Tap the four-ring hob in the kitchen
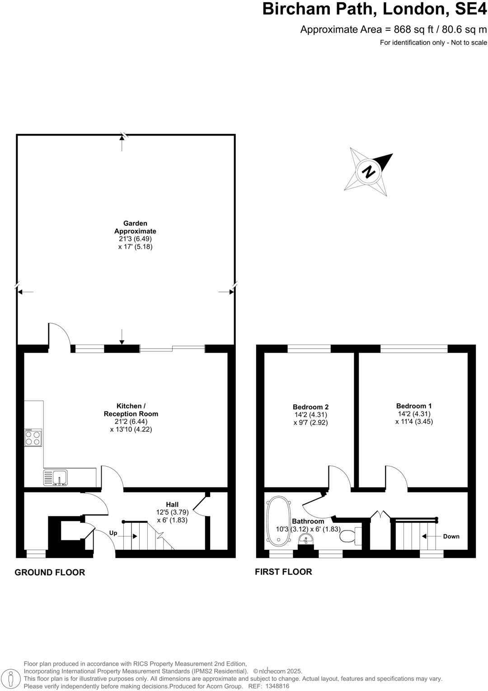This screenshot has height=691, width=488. pyautogui.click(x=33, y=438)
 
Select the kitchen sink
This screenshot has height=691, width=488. pyautogui.click(x=56, y=478)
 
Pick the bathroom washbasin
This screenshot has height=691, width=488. pyautogui.click(x=307, y=540)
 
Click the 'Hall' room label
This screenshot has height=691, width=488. pyautogui.click(x=172, y=504)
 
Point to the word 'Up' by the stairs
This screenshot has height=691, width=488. pyautogui.click(x=113, y=533)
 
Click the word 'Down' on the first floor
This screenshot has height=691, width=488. pyautogui.click(x=451, y=536)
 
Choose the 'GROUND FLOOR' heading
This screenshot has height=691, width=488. pyautogui.click(x=50, y=572)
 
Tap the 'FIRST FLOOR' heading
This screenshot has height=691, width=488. pyautogui.click(x=283, y=572)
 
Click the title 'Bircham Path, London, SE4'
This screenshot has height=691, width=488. pyautogui.click(x=375, y=9)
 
